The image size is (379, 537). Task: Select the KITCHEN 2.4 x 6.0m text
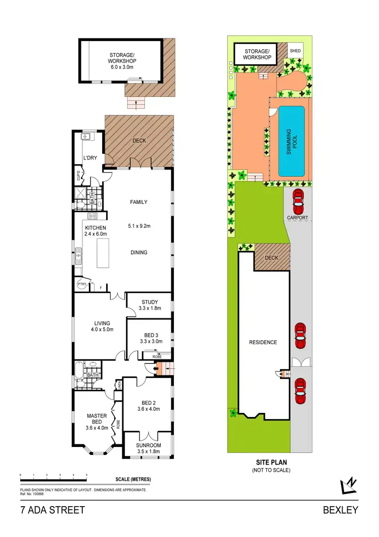click(x=96, y=231)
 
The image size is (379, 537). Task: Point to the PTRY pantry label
click(x=81, y=285)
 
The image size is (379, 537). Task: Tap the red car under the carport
click(x=298, y=201)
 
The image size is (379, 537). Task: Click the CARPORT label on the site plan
click(x=298, y=218)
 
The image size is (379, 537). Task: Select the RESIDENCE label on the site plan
click(x=263, y=342)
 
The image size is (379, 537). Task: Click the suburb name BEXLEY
click(x=341, y=510)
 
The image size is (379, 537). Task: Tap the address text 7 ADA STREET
click(x=53, y=510)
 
